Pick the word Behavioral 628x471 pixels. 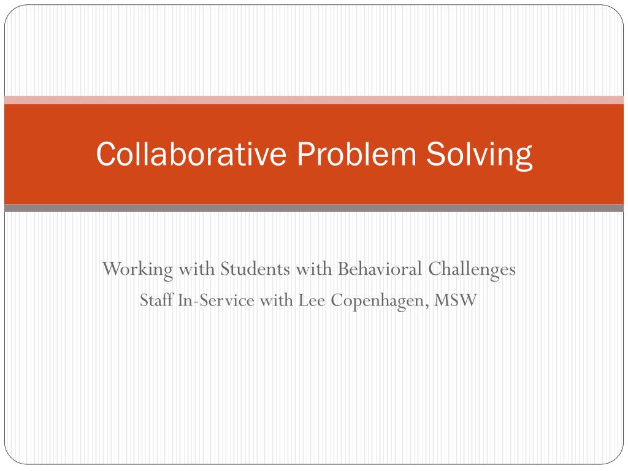click(x=372, y=269)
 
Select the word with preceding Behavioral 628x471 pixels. click(x=315, y=269)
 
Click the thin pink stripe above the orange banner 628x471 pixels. click(x=314, y=100)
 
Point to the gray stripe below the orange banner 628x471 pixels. click(x=314, y=208)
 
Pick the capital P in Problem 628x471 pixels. click(x=305, y=154)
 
